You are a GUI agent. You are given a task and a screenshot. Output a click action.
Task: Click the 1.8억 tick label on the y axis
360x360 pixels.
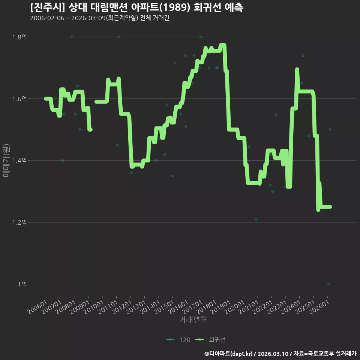(x=19, y=37)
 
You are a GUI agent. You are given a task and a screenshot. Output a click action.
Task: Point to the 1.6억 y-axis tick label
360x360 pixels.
(x=19, y=99)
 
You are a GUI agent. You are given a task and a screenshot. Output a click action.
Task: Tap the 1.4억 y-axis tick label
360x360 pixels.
(x=19, y=160)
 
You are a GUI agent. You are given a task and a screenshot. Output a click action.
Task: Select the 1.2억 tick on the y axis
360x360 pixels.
(x=19, y=222)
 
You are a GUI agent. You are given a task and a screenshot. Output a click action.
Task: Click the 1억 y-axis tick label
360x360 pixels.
(x=22, y=284)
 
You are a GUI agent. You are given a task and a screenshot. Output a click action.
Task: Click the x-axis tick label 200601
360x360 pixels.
(x=37, y=307)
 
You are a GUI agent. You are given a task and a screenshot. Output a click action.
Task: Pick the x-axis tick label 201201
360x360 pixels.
(x=122, y=307)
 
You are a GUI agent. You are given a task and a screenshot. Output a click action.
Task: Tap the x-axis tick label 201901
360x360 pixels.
(x=220, y=307)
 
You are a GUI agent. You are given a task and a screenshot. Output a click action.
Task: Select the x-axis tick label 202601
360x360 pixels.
(x=319, y=307)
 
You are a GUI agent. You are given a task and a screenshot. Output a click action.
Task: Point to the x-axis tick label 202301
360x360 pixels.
(x=277, y=307)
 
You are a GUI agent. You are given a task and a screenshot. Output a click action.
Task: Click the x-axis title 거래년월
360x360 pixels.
(x=193, y=319)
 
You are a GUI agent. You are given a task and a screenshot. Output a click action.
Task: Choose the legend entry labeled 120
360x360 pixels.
(x=178, y=340)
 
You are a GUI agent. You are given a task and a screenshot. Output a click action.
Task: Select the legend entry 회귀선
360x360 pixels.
(x=210, y=340)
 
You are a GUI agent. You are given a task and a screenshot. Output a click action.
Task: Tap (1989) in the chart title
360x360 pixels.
(x=175, y=7)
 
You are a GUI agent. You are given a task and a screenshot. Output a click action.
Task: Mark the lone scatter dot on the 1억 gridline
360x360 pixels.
(x=329, y=284)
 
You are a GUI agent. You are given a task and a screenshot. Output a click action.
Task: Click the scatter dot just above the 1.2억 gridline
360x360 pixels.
(x=256, y=219)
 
